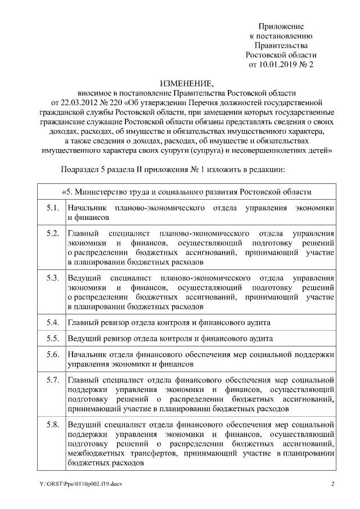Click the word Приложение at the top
click(281, 26)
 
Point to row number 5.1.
click(53, 208)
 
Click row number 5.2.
click(53, 233)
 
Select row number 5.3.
click(53, 278)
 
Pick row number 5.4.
click(53, 323)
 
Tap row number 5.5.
click(53, 339)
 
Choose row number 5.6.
click(53, 354)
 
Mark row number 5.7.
click(53, 380)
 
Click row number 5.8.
click(53, 424)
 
